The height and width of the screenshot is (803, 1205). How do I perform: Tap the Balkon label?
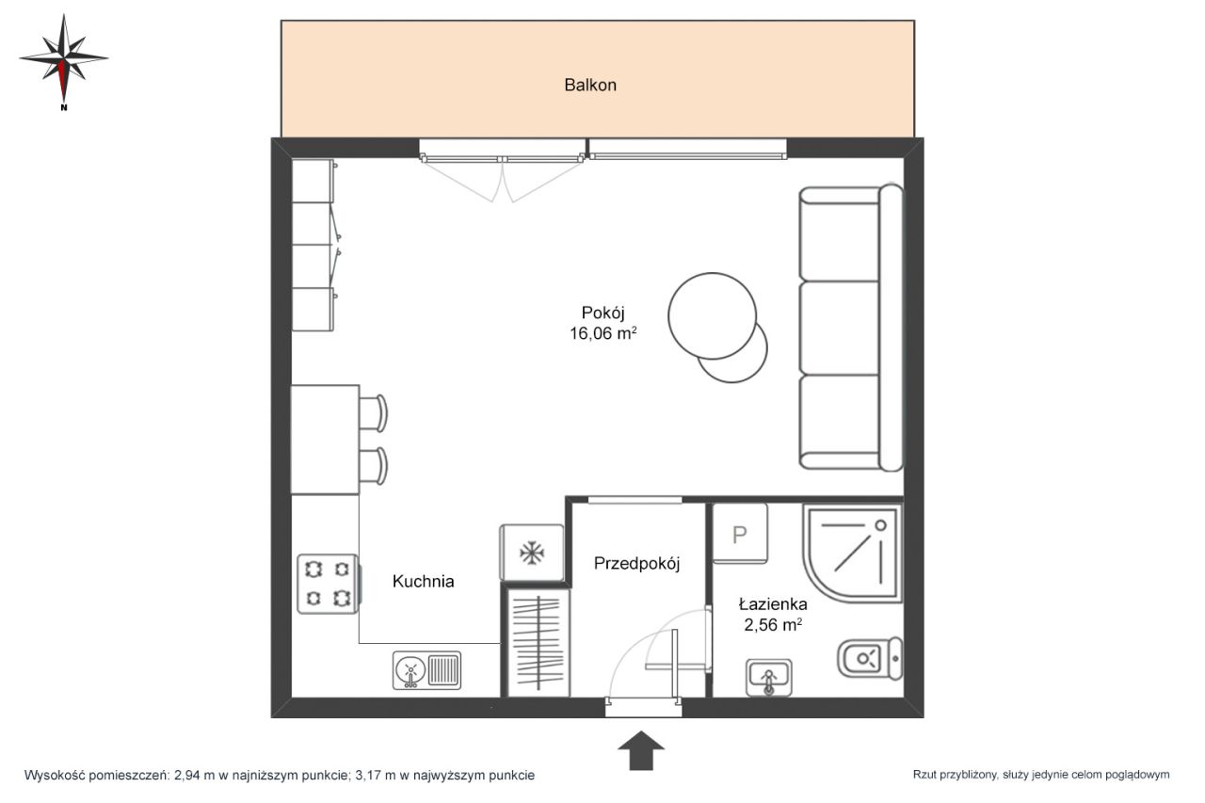(x=590, y=85)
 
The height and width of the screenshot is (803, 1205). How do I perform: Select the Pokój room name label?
(x=602, y=313)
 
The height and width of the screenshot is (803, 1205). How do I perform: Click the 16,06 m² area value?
(x=603, y=333)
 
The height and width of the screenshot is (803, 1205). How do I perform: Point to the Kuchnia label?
(x=423, y=581)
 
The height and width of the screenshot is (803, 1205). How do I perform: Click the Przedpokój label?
(x=637, y=564)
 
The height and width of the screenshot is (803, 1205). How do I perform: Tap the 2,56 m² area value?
(x=773, y=625)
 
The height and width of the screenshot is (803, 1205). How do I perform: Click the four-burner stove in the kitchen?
(x=328, y=584)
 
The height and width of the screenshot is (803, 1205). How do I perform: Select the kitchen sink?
(x=426, y=670)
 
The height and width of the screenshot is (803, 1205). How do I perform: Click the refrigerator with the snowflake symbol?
(x=532, y=553)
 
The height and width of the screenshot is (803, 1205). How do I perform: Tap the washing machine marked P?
(x=740, y=534)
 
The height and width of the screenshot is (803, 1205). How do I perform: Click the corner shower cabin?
(x=853, y=553)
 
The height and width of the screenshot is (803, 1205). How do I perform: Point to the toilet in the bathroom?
(x=870, y=658)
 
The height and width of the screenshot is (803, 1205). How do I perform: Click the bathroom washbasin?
(x=769, y=678)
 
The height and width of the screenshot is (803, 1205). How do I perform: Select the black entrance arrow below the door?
(x=641, y=750)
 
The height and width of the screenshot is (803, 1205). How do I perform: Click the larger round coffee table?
(x=712, y=315)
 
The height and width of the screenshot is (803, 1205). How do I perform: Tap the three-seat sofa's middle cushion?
(x=839, y=328)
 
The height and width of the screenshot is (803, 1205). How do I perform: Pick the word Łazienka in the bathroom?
(x=773, y=604)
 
